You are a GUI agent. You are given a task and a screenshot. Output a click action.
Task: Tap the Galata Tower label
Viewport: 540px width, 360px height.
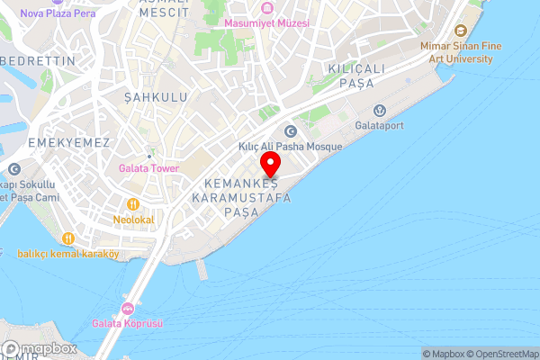[148, 168]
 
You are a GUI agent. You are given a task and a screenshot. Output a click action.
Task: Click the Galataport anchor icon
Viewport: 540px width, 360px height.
[380, 110]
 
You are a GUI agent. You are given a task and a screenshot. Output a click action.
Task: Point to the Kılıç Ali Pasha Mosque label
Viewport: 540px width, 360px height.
[290, 147]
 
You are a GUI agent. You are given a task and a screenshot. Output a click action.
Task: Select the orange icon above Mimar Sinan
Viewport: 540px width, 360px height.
[461, 31]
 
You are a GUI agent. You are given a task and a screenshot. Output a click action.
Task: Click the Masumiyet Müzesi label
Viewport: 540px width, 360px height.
[266, 22]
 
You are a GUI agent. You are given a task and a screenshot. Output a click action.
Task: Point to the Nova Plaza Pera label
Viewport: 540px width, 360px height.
[57, 13]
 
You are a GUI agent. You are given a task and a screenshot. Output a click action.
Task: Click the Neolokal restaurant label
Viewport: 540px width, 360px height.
[134, 219]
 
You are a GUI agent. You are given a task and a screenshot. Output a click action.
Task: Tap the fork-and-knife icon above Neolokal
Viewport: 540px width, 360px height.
[134, 204]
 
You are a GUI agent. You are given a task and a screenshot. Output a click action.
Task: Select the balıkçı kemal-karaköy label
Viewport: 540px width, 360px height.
[67, 253]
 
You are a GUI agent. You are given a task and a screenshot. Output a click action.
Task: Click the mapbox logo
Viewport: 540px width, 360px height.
[40, 348]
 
